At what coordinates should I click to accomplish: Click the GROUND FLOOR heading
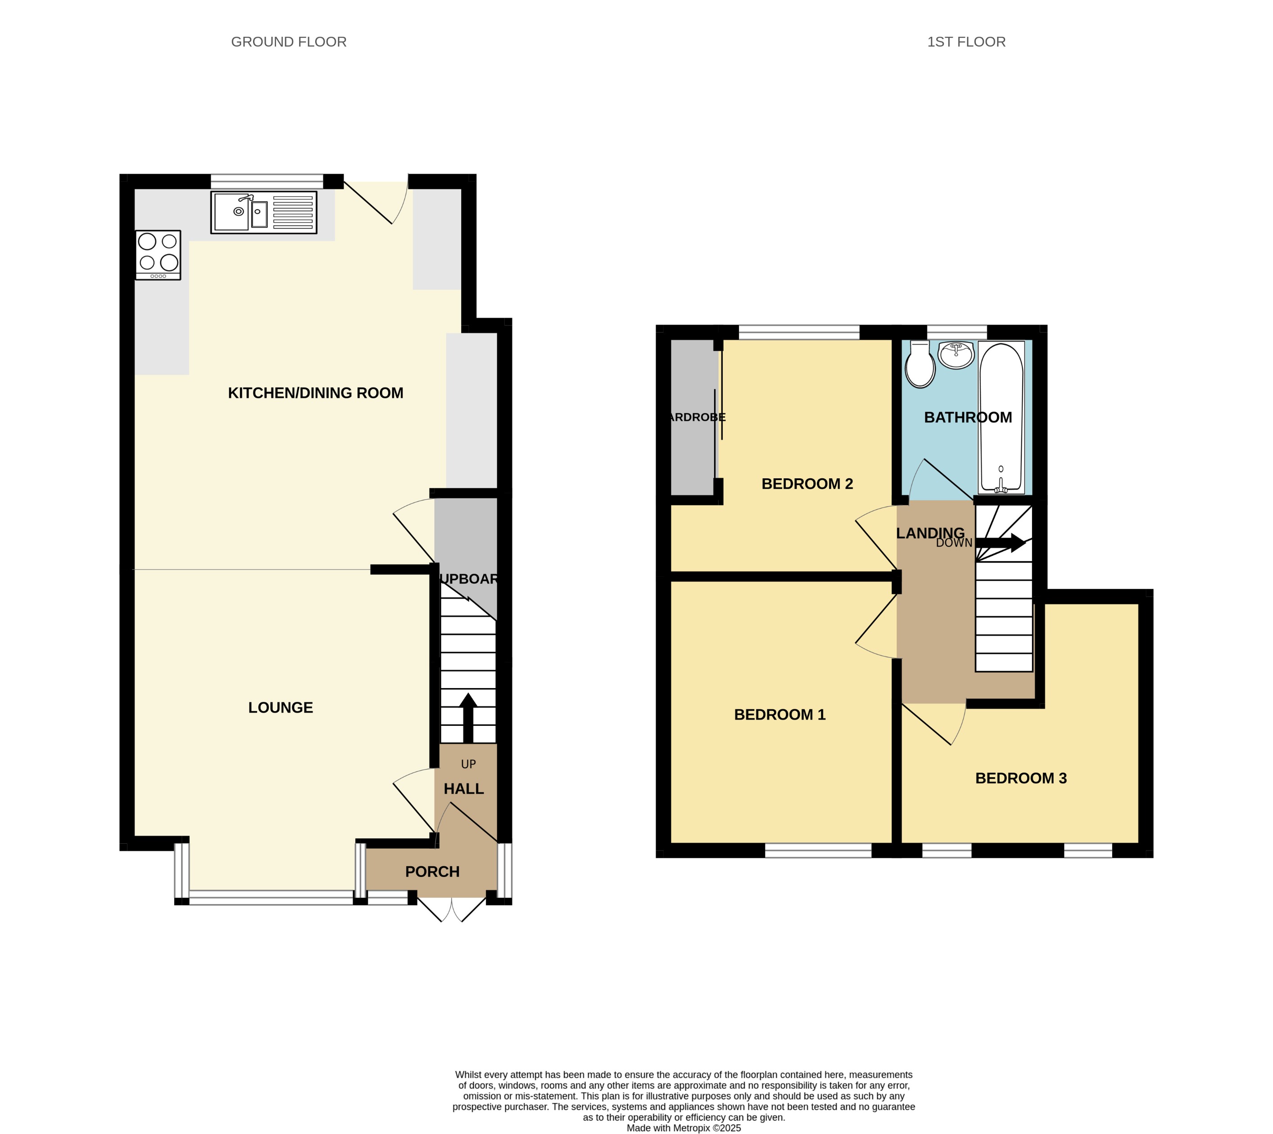(x=289, y=42)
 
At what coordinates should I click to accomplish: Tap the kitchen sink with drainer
(x=264, y=212)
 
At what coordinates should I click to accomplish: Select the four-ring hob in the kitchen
(x=159, y=255)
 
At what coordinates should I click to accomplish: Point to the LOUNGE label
(x=281, y=708)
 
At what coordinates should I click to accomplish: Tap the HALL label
(x=463, y=789)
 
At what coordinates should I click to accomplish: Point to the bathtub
(x=1001, y=418)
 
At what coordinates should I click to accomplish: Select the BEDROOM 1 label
(x=779, y=715)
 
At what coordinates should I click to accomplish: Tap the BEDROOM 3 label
(x=1020, y=778)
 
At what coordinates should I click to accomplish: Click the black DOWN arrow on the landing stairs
(x=1001, y=543)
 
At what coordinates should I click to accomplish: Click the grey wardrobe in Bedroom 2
(x=692, y=418)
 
